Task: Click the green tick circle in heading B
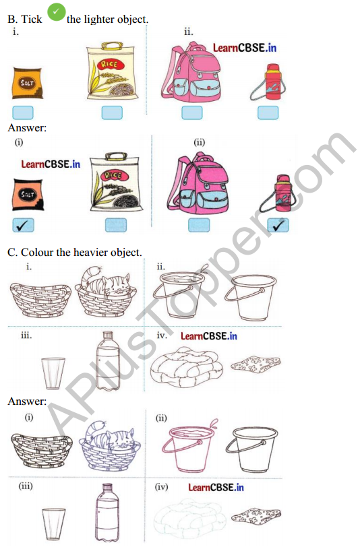56,12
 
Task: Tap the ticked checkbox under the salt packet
23,226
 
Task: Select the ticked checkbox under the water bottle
278,226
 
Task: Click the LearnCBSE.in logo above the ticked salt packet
51,164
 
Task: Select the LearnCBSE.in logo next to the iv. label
209,336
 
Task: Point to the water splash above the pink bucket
213,424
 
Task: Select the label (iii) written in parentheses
26,486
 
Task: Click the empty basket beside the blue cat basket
41,450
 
